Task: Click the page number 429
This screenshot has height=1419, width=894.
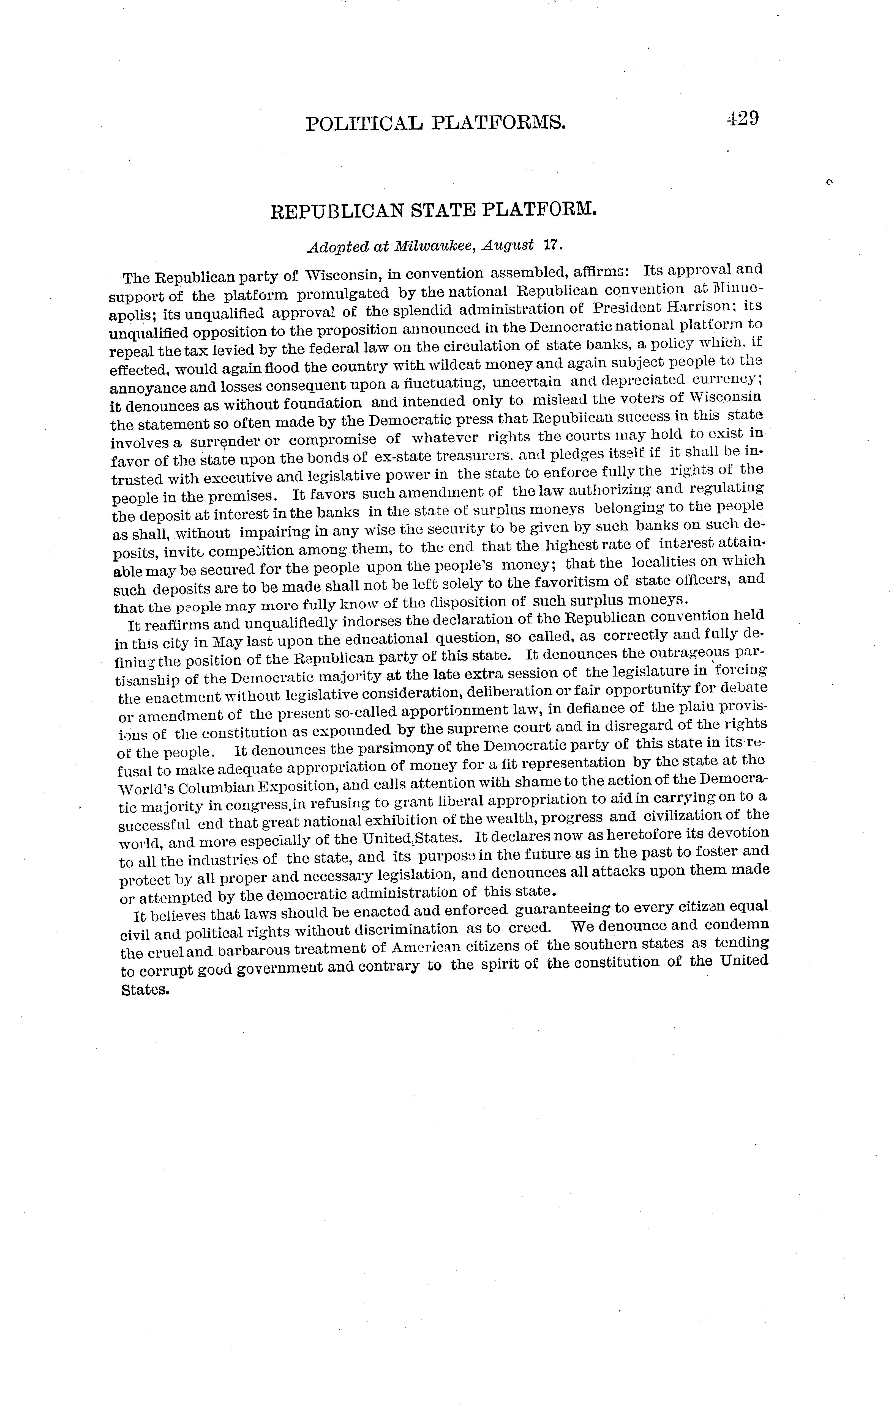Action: pos(742,119)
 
